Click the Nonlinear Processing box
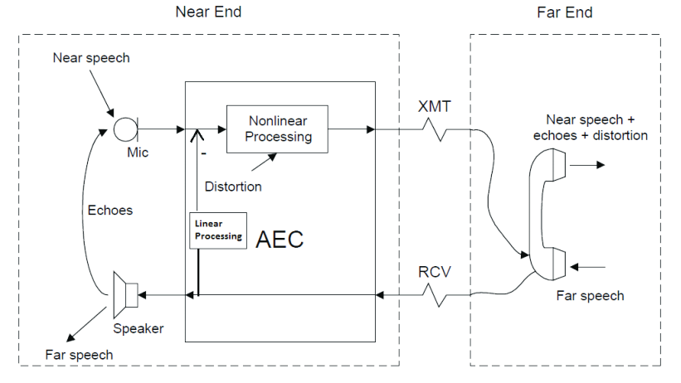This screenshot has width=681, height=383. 278,128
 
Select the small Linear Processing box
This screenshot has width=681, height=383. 219,230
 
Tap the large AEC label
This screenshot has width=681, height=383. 280,240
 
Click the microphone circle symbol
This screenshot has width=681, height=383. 125,129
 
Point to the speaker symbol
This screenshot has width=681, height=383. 125,293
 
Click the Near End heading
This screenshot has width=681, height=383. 208,12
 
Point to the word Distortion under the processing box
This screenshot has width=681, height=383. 233,187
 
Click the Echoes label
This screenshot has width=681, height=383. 110,210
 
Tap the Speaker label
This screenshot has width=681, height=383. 139,328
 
